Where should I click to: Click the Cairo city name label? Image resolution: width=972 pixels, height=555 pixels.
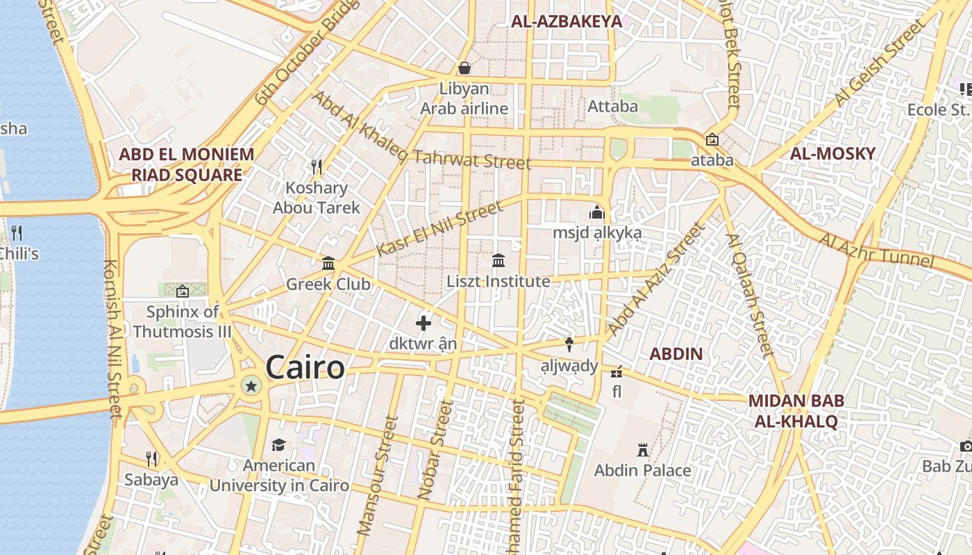(305, 368)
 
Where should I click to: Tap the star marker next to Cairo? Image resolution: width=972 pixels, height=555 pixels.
(251, 385)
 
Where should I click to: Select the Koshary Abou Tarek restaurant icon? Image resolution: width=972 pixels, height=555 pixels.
(317, 166)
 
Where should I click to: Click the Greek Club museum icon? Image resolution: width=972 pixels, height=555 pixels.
(328, 264)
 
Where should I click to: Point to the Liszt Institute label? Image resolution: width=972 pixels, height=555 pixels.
(498, 282)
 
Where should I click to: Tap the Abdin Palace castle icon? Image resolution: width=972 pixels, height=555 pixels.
(643, 451)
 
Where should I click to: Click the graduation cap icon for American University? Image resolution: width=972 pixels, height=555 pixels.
(278, 445)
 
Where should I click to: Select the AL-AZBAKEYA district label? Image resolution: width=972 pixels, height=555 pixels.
(567, 22)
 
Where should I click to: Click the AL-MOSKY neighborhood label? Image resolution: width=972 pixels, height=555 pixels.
(832, 154)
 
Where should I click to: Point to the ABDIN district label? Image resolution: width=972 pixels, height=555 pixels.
(676, 354)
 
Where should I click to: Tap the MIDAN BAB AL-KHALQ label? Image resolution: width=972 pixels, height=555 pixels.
(796, 411)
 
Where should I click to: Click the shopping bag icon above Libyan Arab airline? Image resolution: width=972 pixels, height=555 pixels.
(464, 68)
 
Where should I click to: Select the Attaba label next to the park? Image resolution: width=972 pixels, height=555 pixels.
(612, 107)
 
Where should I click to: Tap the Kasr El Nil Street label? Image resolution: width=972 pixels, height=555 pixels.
(439, 229)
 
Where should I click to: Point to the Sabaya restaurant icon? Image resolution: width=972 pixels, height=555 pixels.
(151, 459)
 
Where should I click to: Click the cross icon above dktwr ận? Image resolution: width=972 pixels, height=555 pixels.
(424, 323)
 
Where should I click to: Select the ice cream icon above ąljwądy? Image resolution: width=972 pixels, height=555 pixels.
(569, 344)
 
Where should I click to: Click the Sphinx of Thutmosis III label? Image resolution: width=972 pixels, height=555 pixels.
(182, 322)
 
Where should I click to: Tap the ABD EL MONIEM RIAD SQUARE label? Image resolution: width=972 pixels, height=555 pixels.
(186, 164)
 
